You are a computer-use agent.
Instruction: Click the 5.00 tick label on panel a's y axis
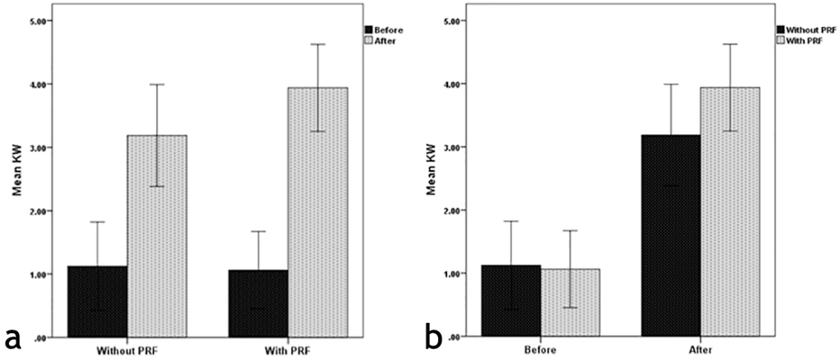coord(36,21)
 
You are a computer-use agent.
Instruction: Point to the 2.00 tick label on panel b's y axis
coord(449,210)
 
